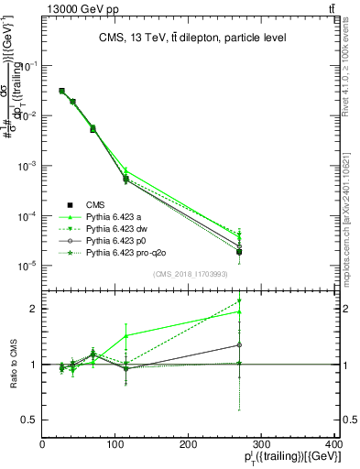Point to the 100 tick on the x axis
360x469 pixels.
(x=115, y=443)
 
